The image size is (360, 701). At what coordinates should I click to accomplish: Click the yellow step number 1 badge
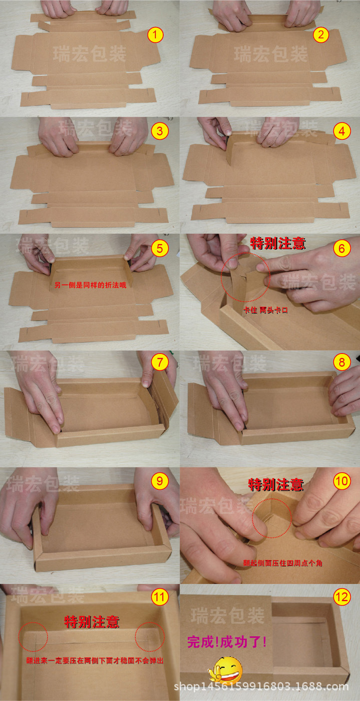pos(156,35)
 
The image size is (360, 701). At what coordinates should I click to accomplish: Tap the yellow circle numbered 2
pos(321,35)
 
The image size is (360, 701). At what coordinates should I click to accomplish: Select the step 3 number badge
pos(160,131)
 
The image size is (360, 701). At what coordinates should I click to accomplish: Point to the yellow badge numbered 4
pos(342,131)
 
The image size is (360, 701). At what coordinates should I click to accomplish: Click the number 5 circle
pos(160,248)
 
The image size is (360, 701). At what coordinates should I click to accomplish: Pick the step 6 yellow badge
pos(342,248)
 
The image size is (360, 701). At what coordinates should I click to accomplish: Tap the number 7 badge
pos(160,362)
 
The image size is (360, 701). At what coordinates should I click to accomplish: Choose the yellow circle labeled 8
pos(342,362)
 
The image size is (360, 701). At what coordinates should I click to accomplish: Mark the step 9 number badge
pos(160,481)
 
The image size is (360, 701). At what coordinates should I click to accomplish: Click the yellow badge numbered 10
pos(342,481)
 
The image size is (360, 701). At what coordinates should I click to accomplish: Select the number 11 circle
pos(160,597)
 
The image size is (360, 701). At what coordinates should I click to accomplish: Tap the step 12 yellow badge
pos(342,597)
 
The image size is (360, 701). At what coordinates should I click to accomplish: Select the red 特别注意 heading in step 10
pos(276,484)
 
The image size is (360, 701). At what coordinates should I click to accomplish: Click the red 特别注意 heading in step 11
pos(92,622)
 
